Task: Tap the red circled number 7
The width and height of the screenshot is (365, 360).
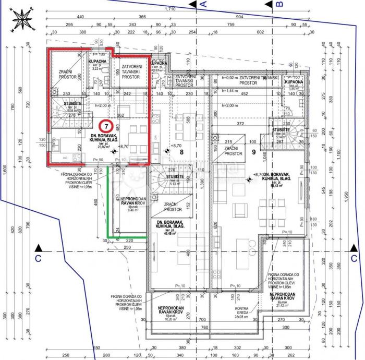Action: pos(107,126)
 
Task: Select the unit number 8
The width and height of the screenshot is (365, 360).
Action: pos(181,153)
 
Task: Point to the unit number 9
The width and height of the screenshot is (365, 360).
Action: pos(253,153)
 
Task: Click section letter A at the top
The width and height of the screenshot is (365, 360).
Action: pos(204,4)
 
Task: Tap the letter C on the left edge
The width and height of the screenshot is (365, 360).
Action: pos(38,258)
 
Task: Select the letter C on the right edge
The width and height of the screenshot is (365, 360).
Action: pos(354,258)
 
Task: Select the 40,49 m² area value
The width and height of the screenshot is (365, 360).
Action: pos(168,235)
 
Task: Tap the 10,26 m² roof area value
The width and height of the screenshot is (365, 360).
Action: pos(169,319)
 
